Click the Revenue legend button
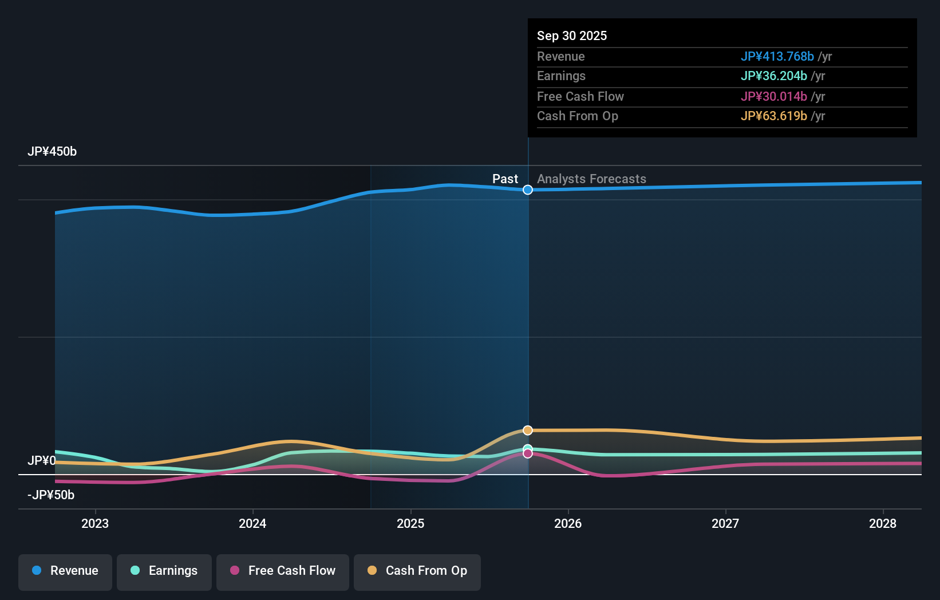tap(65, 571)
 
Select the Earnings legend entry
tap(164, 571)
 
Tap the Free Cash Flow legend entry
tap(283, 571)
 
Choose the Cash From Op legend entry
tap(417, 571)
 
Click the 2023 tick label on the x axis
tap(95, 523)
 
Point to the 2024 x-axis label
tap(252, 523)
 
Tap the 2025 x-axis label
tap(410, 523)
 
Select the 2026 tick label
tap(568, 523)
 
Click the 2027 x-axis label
tap(725, 523)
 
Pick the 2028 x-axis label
tap(883, 523)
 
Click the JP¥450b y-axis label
tap(52, 152)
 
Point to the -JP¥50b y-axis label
tap(51, 495)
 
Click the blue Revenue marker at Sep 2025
tap(528, 190)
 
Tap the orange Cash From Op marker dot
tap(528, 430)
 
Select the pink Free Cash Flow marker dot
tap(528, 453)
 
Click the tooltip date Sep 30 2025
tap(572, 35)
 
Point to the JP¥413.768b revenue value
tap(777, 57)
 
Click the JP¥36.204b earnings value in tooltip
tap(773, 76)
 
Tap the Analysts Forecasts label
tap(591, 179)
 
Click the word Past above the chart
tap(505, 179)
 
